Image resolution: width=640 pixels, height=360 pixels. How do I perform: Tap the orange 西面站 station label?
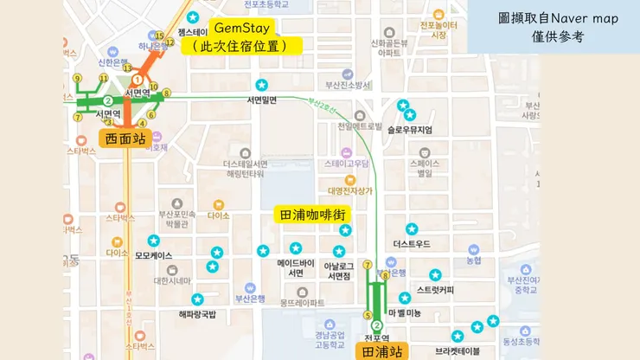(x=125, y=138)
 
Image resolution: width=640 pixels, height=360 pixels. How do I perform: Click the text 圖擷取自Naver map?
(x=558, y=18)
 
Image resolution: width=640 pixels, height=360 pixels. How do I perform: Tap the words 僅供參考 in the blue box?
(x=558, y=37)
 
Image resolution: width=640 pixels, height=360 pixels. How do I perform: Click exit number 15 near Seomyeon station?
(x=158, y=36)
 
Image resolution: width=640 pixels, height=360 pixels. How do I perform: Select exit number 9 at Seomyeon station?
(x=78, y=79)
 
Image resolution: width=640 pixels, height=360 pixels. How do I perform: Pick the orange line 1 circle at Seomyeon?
(x=137, y=80)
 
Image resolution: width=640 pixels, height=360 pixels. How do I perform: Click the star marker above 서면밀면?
(x=262, y=85)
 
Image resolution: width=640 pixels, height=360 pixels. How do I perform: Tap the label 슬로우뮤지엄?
(x=411, y=130)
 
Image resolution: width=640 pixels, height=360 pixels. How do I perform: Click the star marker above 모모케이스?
(x=153, y=241)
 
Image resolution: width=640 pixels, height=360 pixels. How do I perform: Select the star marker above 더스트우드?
(x=412, y=229)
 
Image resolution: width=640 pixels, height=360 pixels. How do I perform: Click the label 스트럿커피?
(x=435, y=289)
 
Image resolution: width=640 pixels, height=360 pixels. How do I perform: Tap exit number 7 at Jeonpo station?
(x=368, y=265)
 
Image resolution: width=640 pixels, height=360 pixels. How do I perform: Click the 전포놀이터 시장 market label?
(x=438, y=29)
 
